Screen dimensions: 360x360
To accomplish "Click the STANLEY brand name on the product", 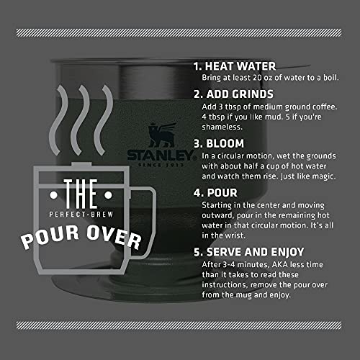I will tap(160, 155).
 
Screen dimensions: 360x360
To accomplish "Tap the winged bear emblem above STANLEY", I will tap(160, 135).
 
